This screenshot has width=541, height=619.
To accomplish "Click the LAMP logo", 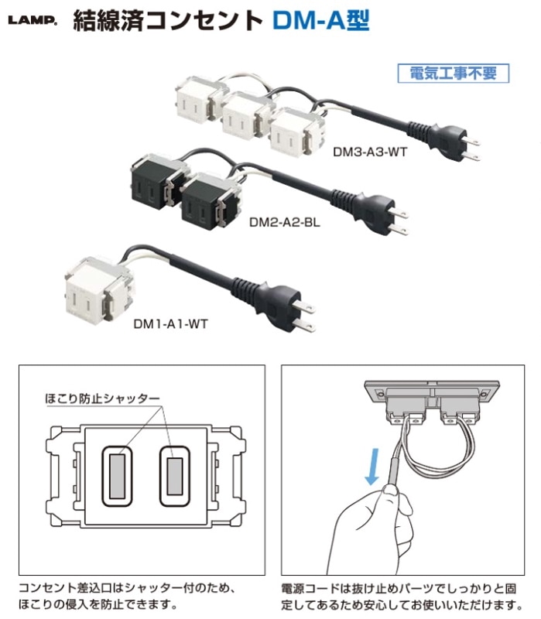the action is (x=33, y=20).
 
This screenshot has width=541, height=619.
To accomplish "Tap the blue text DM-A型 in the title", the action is (x=321, y=21).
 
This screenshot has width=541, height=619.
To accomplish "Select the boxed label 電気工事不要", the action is (x=454, y=74).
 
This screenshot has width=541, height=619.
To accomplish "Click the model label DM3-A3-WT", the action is (x=370, y=152).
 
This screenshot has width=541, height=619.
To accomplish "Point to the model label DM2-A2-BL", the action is (x=284, y=223).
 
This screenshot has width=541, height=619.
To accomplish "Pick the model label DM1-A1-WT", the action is (x=170, y=324).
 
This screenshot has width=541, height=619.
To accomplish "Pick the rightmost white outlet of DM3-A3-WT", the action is (x=297, y=133).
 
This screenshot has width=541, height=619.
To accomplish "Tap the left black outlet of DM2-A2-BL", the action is (x=158, y=182).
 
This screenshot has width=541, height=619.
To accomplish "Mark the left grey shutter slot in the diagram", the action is (x=118, y=476).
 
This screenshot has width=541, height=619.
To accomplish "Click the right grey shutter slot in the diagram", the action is (x=175, y=476).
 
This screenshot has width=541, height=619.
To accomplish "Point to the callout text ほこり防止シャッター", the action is (x=102, y=398).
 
